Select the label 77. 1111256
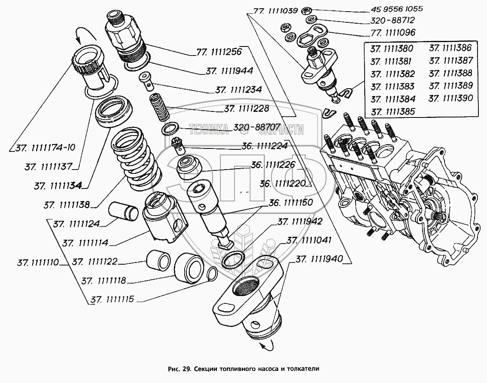pyautogui.click(x=219, y=52)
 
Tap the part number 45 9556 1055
pyautogui.click(x=397, y=9)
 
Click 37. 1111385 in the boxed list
pyautogui.click(x=393, y=112)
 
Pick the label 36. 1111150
pyautogui.click(x=291, y=203)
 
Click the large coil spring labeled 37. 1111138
pyautogui.click(x=136, y=159)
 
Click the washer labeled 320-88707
pyautogui.click(x=170, y=129)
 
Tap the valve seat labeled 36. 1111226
pyautogui.click(x=189, y=168)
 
